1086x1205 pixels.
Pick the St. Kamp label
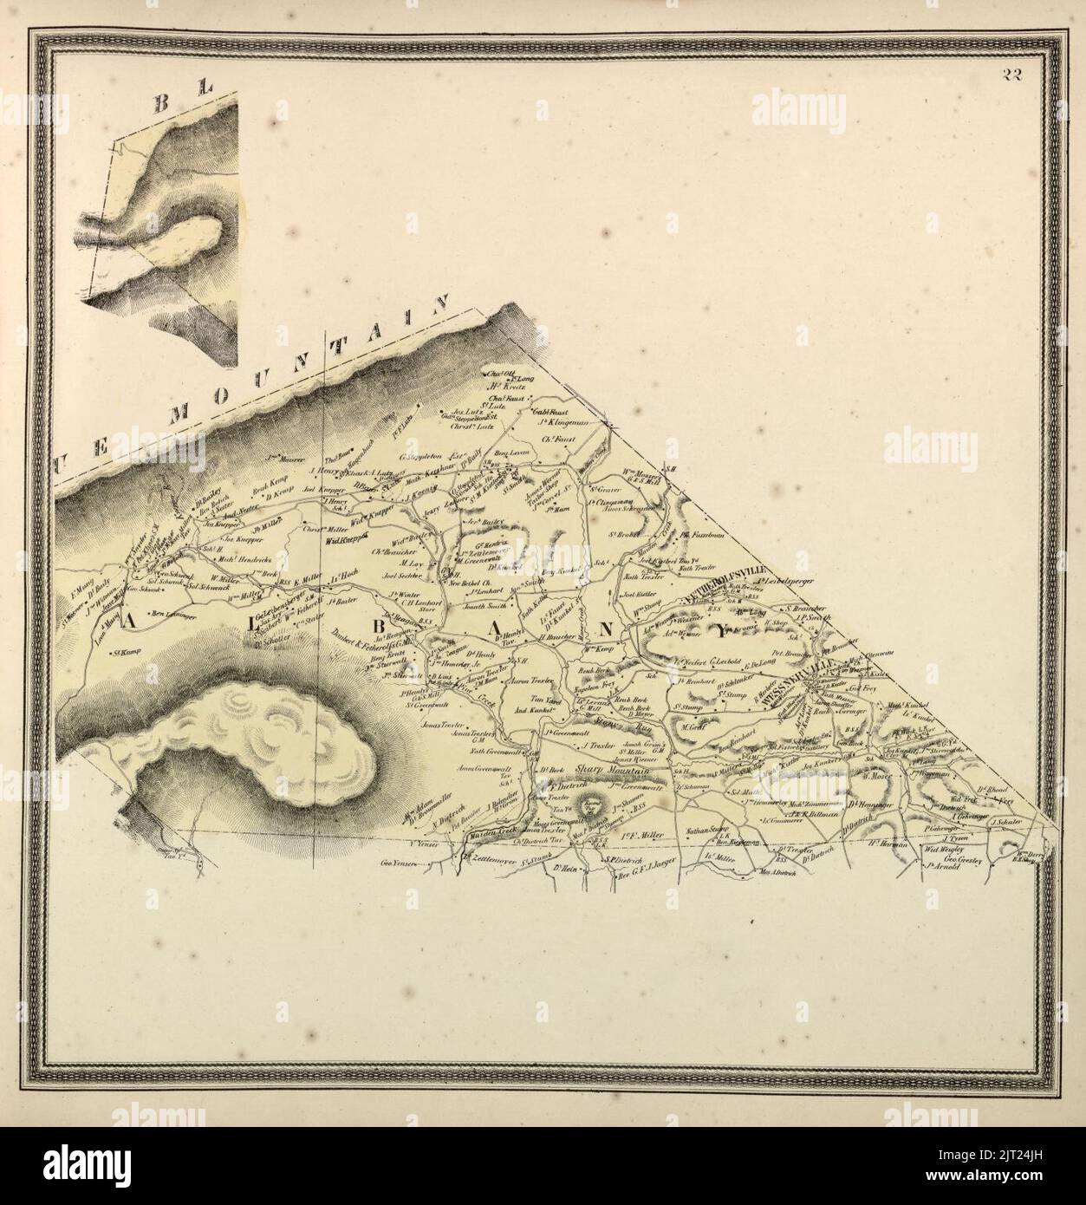(x=126, y=653)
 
